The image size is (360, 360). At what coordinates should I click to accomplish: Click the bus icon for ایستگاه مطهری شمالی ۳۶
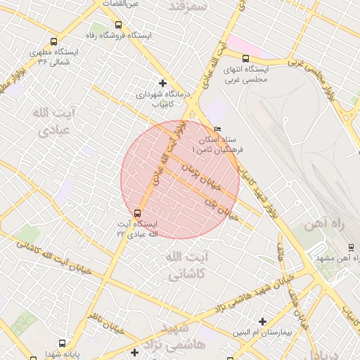click(x=55, y=42)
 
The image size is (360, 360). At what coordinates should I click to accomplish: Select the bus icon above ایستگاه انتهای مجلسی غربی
click(x=245, y=59)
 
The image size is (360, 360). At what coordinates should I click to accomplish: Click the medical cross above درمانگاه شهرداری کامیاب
click(x=163, y=83)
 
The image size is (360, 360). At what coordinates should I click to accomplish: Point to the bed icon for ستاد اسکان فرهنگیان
click(x=217, y=129)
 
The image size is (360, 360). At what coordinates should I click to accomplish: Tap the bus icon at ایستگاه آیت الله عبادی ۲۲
click(x=137, y=212)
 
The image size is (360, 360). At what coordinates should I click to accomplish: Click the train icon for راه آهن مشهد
click(x=351, y=247)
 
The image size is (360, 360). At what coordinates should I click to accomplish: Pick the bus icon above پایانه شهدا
click(x=63, y=344)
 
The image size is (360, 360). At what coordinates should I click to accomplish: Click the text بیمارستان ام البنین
click(x=261, y=330)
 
